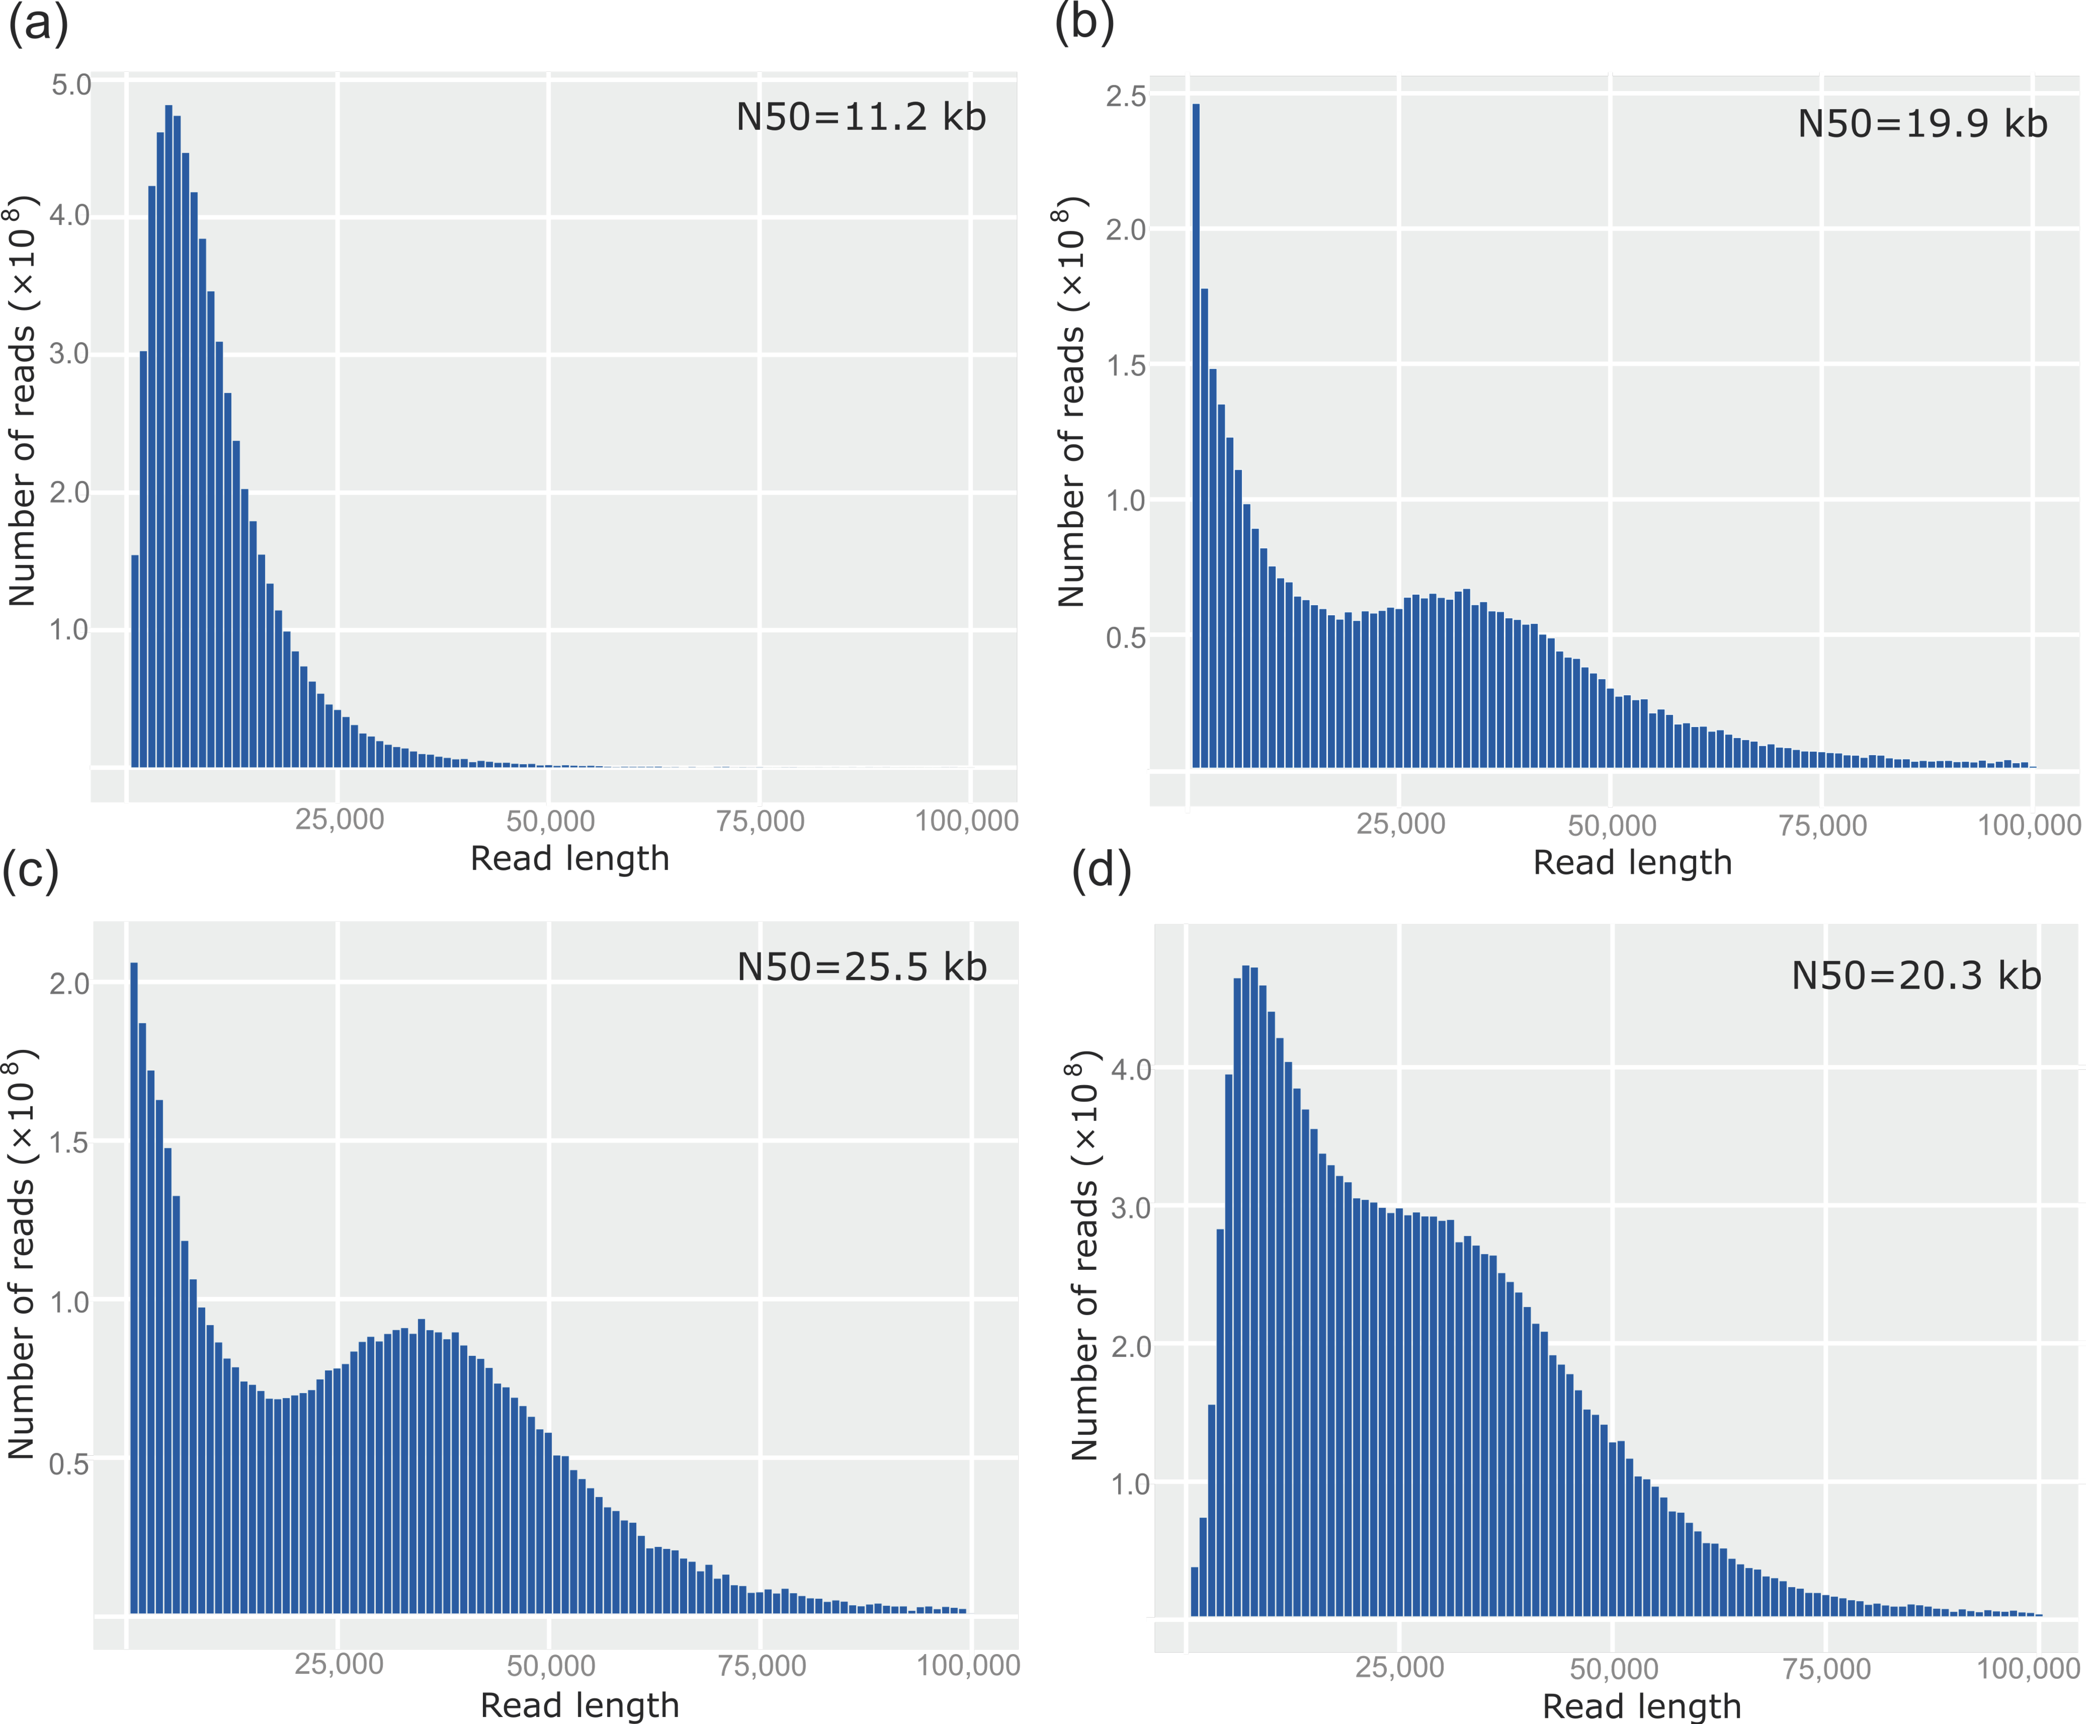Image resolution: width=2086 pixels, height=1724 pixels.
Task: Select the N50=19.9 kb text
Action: (1922, 124)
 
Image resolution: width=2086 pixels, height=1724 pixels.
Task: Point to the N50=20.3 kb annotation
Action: (1915, 975)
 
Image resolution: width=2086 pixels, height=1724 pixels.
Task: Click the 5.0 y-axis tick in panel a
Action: (71, 85)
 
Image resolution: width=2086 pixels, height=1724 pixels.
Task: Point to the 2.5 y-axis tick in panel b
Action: (1126, 96)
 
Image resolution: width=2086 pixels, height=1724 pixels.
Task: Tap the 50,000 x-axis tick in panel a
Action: (550, 821)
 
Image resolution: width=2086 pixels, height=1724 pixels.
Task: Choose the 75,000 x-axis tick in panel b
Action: (1822, 825)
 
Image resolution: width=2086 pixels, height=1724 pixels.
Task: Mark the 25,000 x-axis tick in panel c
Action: (339, 1664)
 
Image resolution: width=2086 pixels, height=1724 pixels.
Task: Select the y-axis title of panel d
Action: (1084, 1256)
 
